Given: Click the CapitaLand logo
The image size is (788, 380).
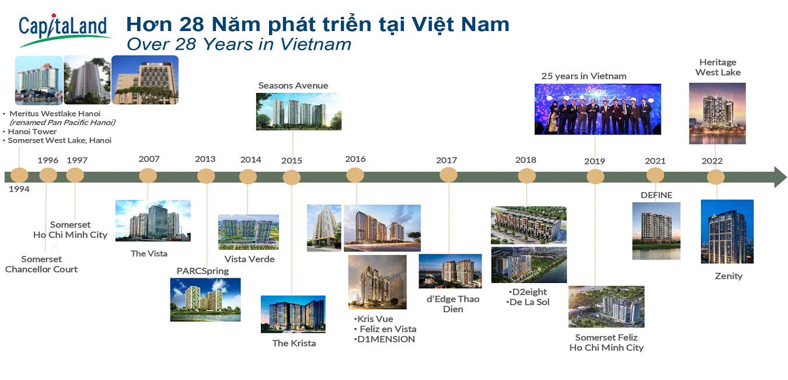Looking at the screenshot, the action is tap(64, 30).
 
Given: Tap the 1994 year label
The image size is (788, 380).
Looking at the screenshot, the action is tap(19, 189).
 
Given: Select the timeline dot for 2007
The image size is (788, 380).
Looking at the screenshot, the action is tap(148, 175).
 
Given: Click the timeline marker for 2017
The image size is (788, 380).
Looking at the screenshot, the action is tap(448, 175).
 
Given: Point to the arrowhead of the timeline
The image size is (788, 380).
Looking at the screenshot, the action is tap(780, 177).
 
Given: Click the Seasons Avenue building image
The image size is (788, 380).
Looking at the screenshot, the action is tap(299, 112).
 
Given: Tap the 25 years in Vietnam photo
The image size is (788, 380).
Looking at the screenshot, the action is tap(598, 109).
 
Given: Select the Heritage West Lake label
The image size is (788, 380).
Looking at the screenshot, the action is tap(718, 67).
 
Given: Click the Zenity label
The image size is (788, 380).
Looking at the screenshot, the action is tap(728, 276).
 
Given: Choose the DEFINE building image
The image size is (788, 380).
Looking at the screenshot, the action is tap(656, 231).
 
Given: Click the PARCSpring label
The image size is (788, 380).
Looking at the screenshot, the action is tap(203, 271).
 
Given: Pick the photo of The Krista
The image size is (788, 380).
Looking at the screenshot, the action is tap(293, 314).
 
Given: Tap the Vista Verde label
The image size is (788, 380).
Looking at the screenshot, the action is tap(249, 259).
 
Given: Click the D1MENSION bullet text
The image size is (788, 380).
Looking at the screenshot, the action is tap(385, 339).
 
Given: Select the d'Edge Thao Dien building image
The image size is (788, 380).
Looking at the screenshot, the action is tap(450, 271).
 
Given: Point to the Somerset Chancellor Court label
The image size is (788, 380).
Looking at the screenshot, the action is tap(41, 264).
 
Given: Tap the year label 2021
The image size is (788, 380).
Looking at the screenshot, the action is tap(655, 161).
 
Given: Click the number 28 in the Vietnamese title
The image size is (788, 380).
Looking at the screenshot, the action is tap(191, 25).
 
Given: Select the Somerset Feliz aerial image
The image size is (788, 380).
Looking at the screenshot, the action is tap(606, 307).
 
